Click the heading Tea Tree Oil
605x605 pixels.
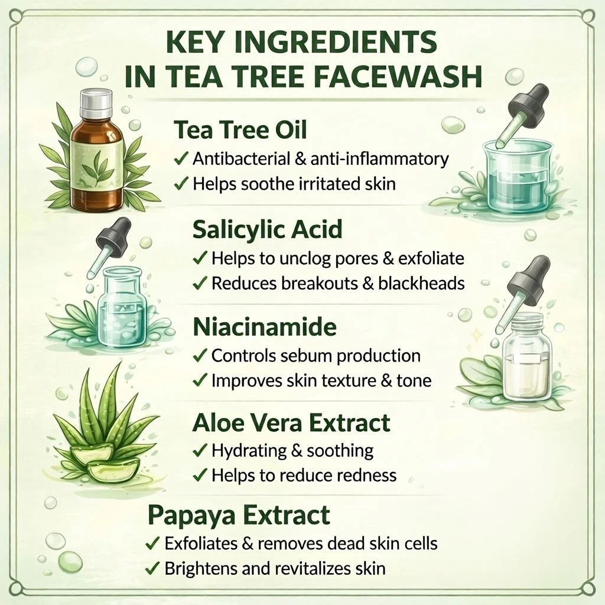coord(240,130)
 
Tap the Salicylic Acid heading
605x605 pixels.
coord(268,229)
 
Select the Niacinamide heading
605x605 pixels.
coord(264,327)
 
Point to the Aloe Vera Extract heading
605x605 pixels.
coord(291,423)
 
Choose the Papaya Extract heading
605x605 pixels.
coord(239,515)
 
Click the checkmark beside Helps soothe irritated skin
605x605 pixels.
coord(181,183)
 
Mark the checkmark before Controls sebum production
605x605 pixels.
coord(200,355)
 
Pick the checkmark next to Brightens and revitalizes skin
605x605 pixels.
coord(153,568)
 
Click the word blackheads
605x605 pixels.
coord(421,283)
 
